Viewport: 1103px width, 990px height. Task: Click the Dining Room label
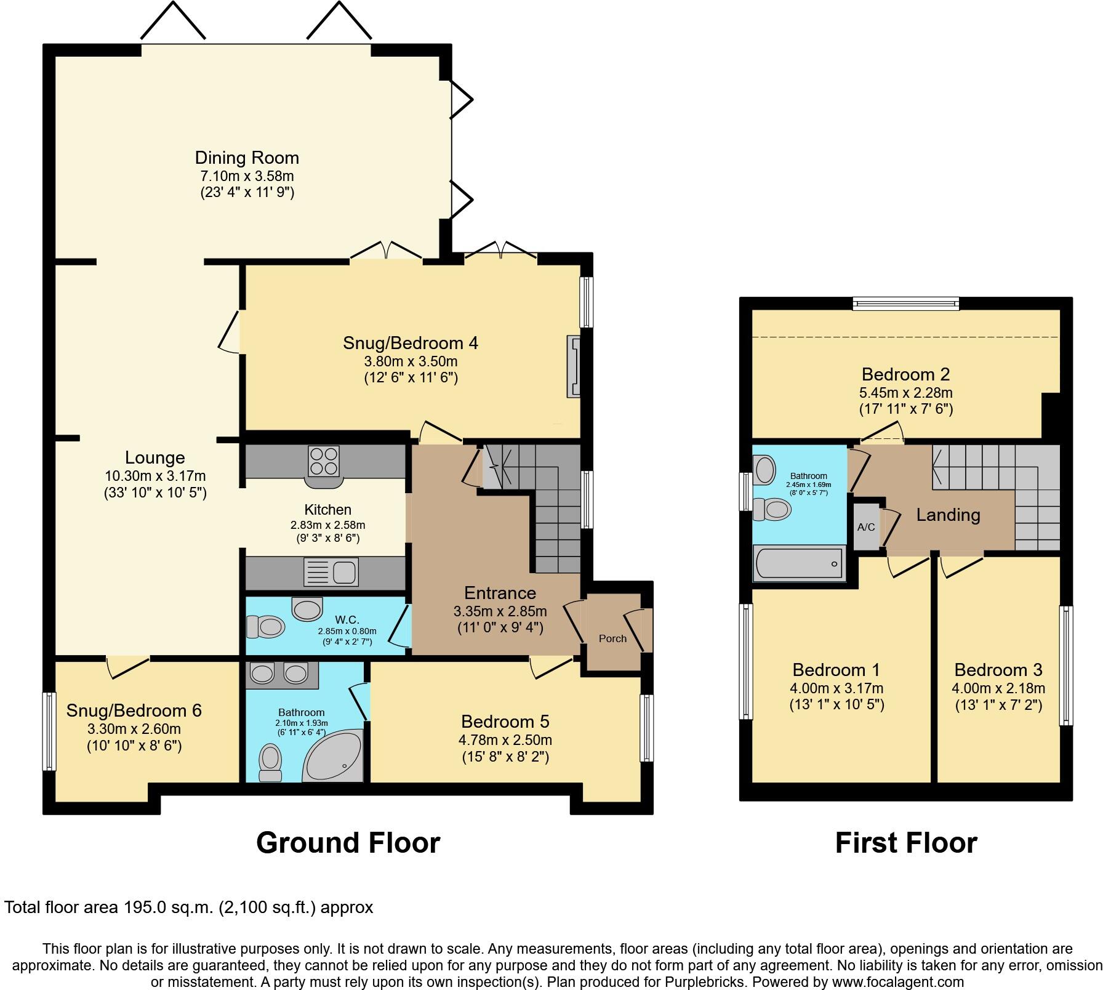click(247, 158)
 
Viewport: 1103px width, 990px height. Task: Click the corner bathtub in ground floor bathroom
click(332, 759)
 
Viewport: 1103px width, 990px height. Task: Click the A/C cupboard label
click(866, 527)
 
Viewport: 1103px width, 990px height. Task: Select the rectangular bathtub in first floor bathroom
click(799, 563)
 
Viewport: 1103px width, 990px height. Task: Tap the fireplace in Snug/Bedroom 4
click(574, 367)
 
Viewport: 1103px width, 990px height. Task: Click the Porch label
click(612, 638)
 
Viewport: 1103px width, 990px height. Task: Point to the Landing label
click(948, 515)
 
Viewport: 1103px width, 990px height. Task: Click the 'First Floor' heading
click(905, 843)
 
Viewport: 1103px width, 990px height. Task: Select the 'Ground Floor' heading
click(348, 843)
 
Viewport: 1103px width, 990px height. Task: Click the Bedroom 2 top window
click(905, 303)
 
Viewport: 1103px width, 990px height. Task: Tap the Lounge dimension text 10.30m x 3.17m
click(155, 476)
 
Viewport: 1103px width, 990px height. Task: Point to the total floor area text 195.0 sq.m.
click(188, 907)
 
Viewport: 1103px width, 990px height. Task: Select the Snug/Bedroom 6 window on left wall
click(48, 731)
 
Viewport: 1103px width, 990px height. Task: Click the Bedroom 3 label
click(998, 670)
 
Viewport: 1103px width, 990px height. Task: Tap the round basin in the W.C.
click(307, 608)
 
